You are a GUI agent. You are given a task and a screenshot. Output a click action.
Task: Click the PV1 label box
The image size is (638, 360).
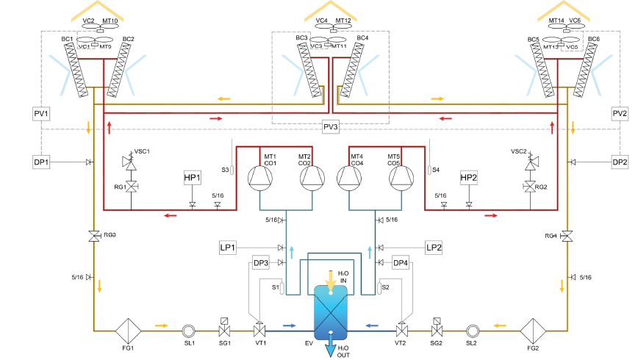coord(40,114)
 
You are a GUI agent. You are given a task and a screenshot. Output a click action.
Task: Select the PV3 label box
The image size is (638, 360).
coord(331,127)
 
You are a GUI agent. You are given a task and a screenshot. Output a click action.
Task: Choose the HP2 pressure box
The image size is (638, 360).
coord(469,179)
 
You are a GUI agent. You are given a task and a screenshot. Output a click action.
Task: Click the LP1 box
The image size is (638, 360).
coord(228,248)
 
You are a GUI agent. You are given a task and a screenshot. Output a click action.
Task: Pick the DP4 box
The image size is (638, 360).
coord(400,262)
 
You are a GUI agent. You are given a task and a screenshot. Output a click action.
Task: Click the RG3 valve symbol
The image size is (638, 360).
coord(93,236)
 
